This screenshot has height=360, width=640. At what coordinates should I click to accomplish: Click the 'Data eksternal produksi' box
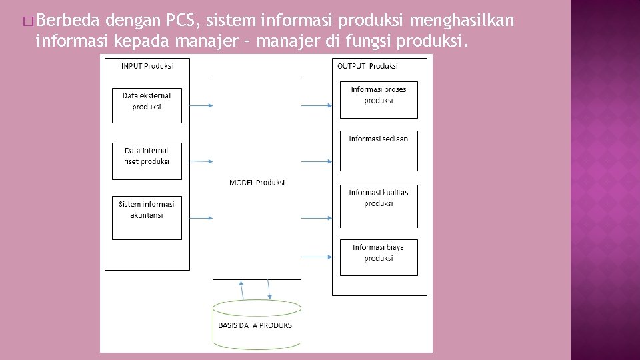(x=147, y=105)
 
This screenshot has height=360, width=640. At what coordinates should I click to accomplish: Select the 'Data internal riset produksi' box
(x=147, y=161)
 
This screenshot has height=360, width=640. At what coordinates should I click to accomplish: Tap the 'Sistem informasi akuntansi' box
(x=147, y=217)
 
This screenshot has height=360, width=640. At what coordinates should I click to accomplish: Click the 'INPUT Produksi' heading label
(x=147, y=65)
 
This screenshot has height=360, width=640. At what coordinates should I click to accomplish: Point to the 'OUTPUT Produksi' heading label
(x=367, y=65)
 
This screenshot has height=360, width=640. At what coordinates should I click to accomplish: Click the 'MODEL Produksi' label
(x=257, y=182)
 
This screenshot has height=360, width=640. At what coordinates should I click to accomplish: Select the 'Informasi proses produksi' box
(x=379, y=99)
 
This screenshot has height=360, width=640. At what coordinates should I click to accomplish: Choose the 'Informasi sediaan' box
(x=379, y=151)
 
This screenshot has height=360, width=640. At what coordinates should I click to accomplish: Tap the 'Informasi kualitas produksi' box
(x=379, y=205)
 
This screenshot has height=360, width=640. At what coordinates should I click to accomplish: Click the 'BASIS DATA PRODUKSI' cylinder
(x=257, y=325)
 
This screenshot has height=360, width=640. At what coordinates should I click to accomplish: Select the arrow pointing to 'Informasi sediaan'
(x=317, y=161)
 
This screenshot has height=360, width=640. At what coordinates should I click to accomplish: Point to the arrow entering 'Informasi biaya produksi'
(x=317, y=256)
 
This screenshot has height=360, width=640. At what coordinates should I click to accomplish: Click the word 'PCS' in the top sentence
(x=181, y=21)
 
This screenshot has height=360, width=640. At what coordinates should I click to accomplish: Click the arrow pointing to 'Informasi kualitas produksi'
(x=317, y=217)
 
